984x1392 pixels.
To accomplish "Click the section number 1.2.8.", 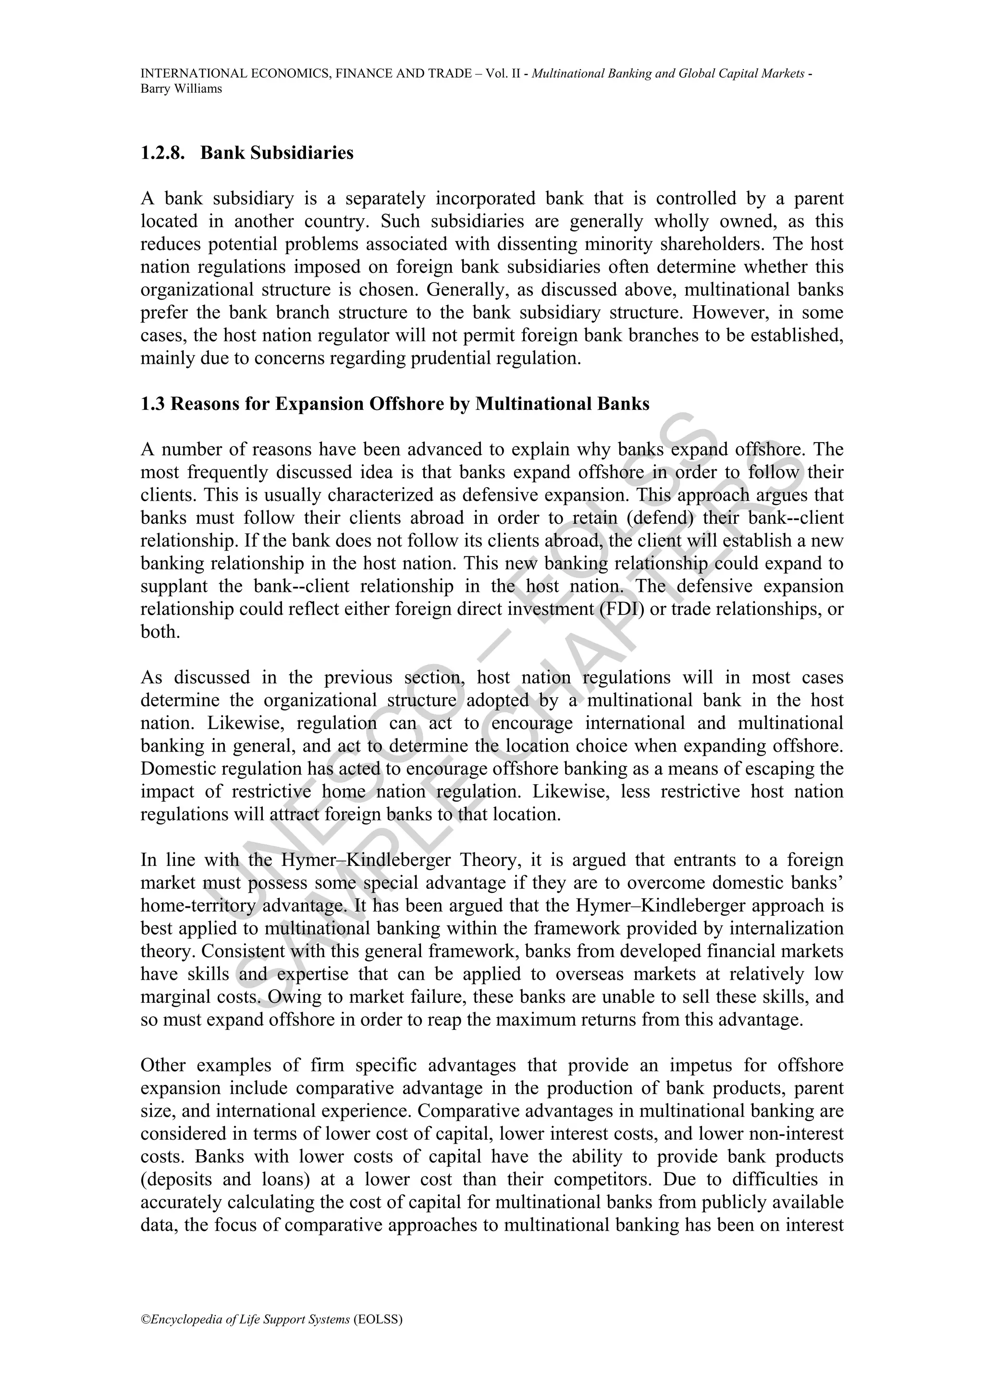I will [x=162, y=153].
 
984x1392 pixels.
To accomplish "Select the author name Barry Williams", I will [x=181, y=88].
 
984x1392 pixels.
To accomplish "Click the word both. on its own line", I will [x=160, y=632].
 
